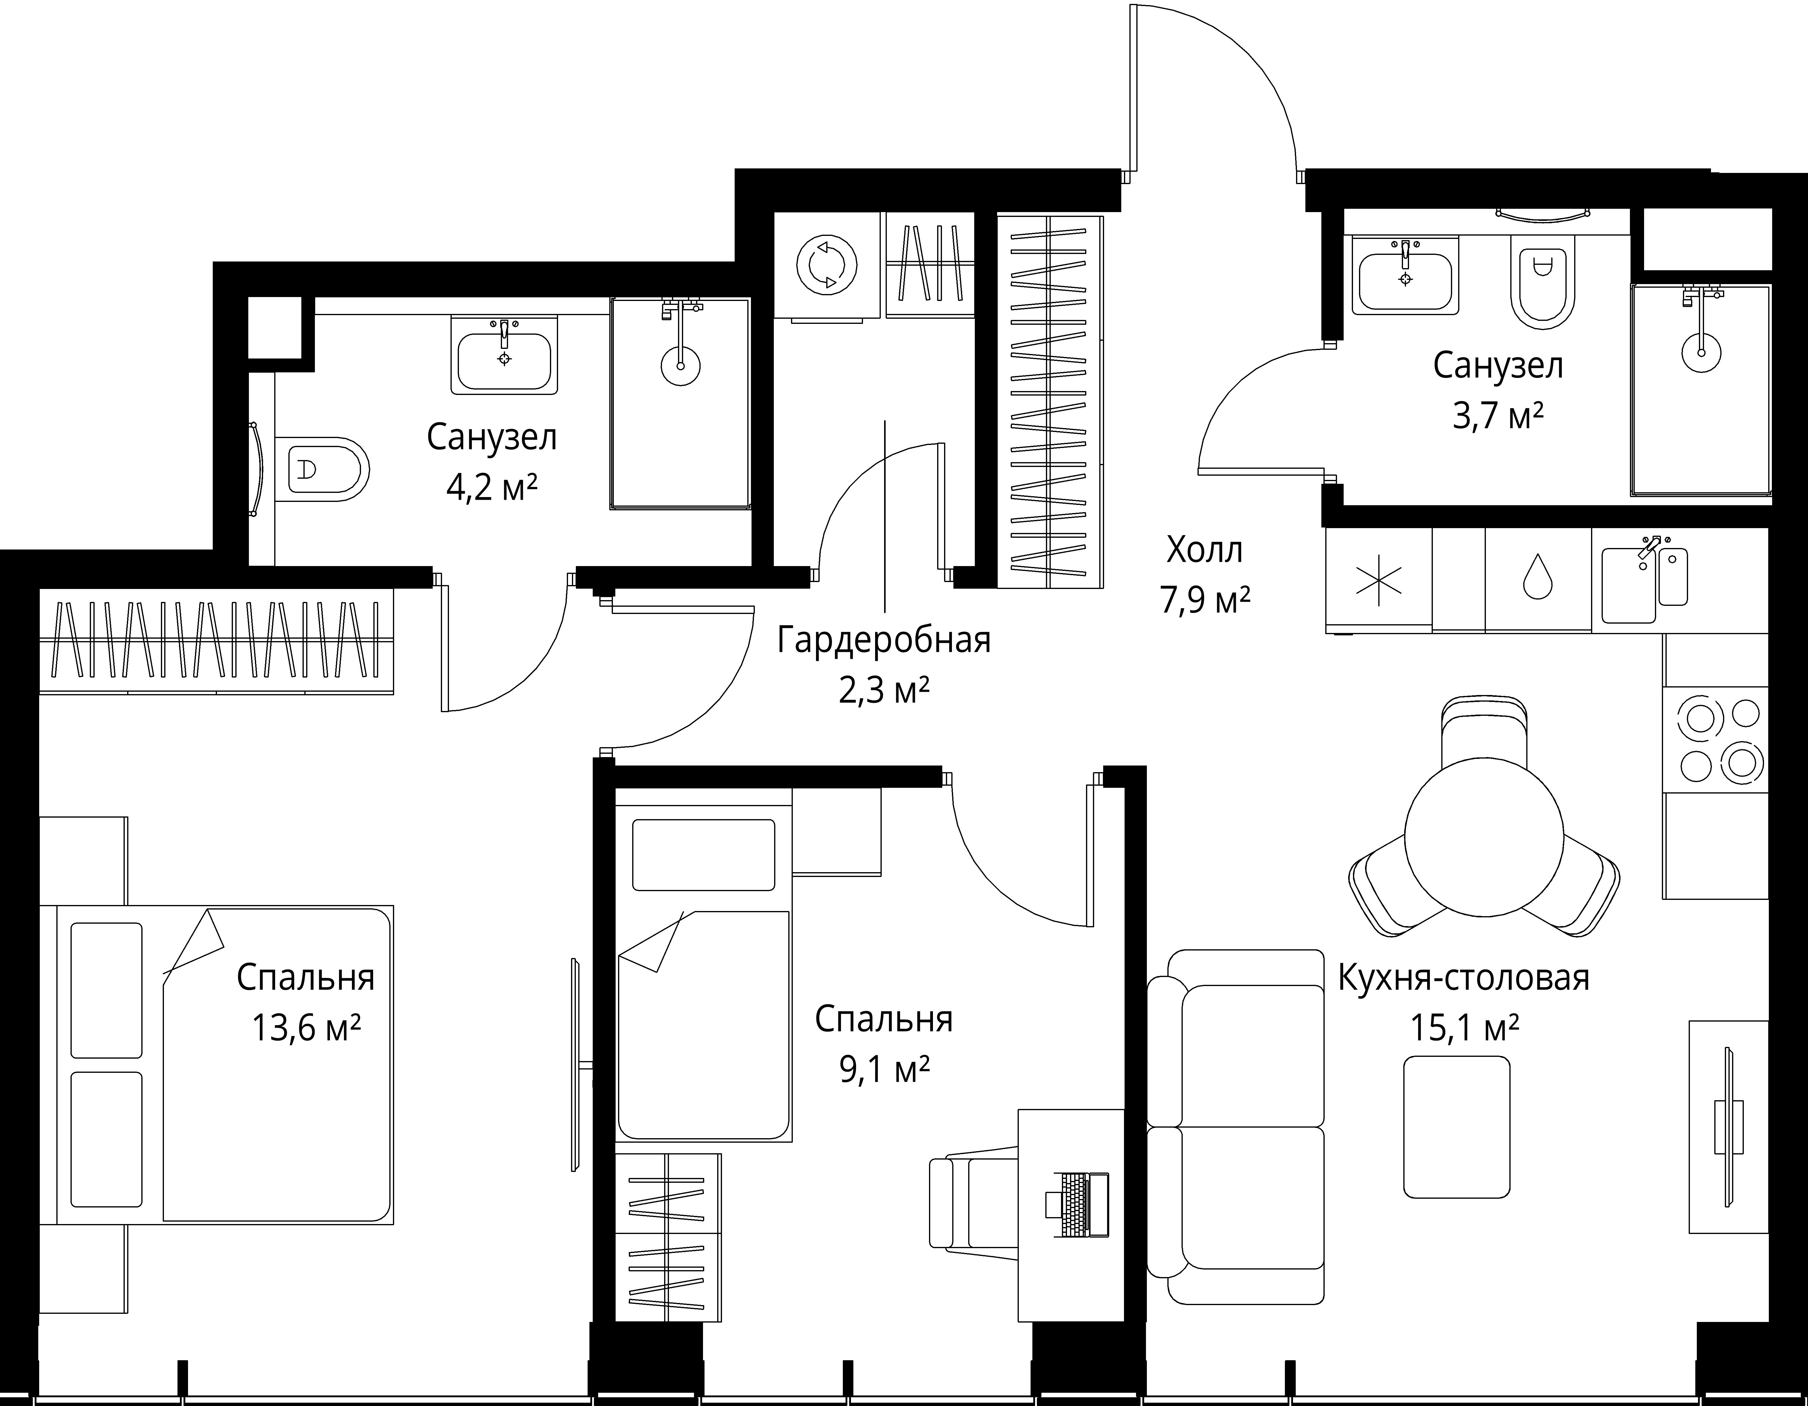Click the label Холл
[1204, 550]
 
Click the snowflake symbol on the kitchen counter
[1378, 579]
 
